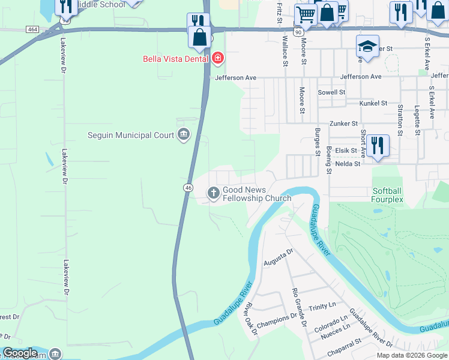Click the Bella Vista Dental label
coord(175,59)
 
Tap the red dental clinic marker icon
coord(217,59)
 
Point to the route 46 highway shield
coord(188,188)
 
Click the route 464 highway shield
coord(32,29)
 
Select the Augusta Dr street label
coord(278,257)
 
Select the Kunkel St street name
coord(374,103)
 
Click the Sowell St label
coord(332,92)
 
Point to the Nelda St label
coord(348,163)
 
